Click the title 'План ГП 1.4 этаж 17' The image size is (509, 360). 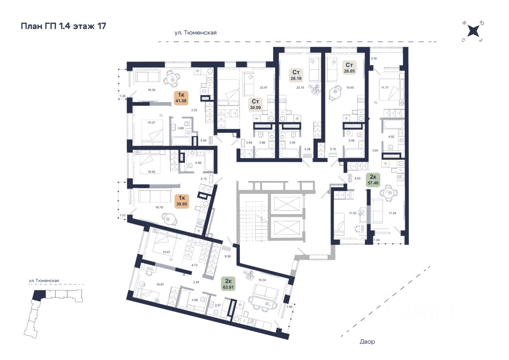(63, 27)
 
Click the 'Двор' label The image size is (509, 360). (367, 342)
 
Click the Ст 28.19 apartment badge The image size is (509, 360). (296, 75)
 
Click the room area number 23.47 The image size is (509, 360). (264, 88)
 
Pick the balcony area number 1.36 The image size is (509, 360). (122, 96)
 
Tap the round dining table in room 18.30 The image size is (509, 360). (173, 78)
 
